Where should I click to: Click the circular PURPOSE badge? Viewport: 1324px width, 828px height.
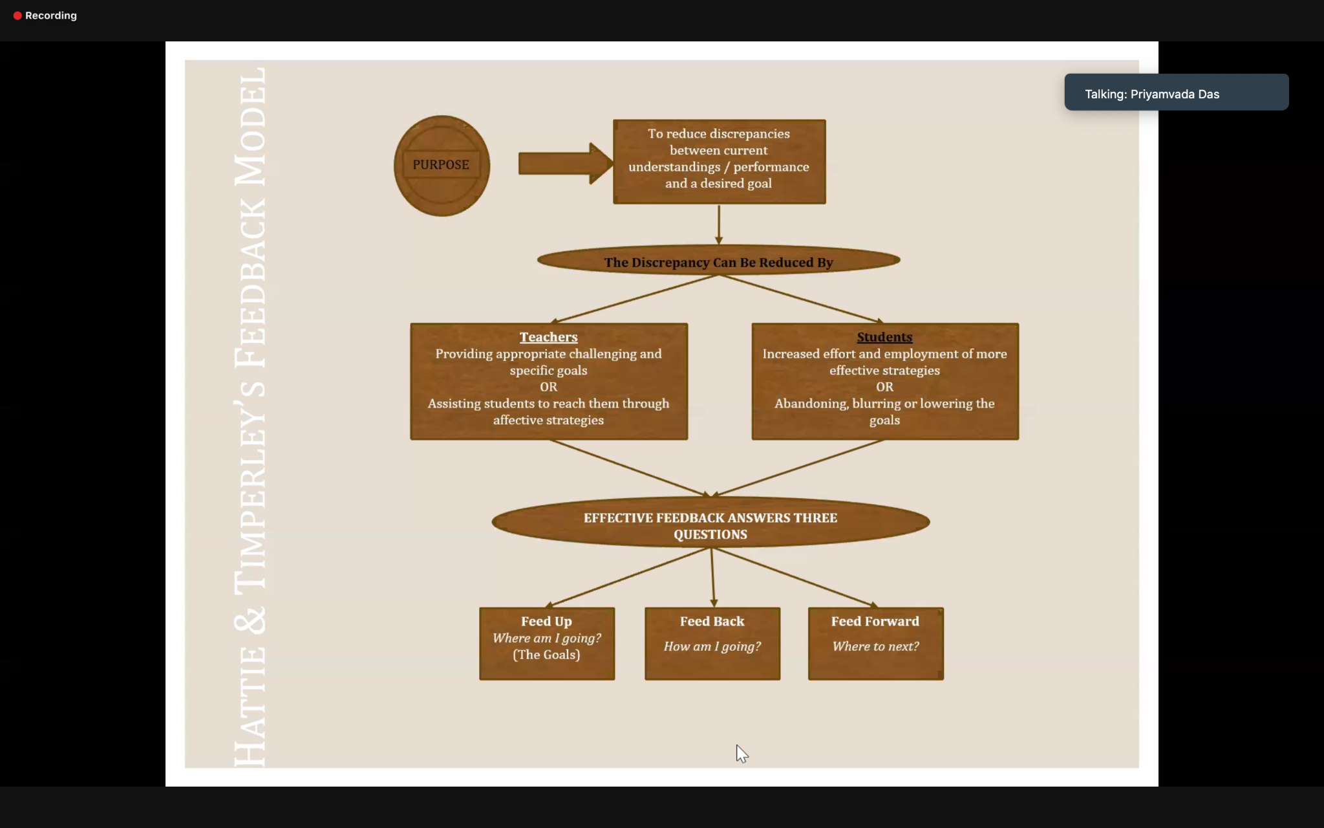coord(442,166)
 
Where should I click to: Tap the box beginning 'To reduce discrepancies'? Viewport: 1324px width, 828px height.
coord(719,161)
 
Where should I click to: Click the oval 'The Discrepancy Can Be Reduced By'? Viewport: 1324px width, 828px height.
coord(718,261)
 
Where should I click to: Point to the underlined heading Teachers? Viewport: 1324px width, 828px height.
coord(548,337)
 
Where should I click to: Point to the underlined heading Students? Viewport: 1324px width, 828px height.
coord(884,337)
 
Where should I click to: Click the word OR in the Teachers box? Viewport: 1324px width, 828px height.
coord(548,387)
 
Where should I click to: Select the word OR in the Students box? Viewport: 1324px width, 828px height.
coord(884,387)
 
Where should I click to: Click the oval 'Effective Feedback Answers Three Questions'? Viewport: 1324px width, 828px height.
coord(710,523)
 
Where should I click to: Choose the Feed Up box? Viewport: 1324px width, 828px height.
coord(547,643)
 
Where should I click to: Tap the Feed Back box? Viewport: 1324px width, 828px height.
coord(712,643)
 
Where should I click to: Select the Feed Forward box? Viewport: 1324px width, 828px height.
coord(875,643)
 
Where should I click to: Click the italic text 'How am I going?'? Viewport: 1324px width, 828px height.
coord(712,646)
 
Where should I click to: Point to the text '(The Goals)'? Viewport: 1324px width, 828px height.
coord(546,655)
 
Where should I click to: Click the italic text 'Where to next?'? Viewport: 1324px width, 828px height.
coord(875,646)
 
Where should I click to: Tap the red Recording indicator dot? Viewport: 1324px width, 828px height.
coord(17,16)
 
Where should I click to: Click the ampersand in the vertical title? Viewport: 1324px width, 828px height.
coord(251,619)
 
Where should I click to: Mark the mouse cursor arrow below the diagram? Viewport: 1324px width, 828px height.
coord(741,754)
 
